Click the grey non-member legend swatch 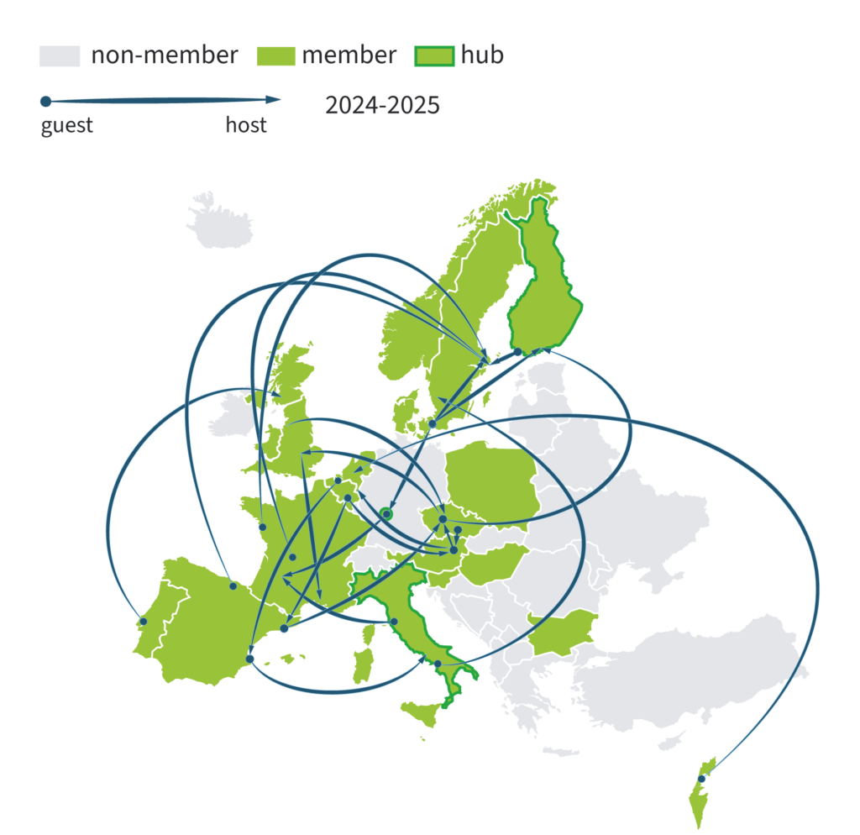click(59, 56)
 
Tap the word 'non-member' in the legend click(165, 55)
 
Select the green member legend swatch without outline click(271, 56)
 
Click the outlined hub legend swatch click(435, 56)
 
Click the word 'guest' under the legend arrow click(67, 126)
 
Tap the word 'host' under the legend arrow click(246, 126)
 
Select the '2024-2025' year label click(382, 107)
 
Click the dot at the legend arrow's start click(45, 102)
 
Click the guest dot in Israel click(702, 778)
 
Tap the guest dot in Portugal click(144, 622)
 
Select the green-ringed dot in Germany click(386, 514)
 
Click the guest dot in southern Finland click(517, 352)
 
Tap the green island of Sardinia click(363, 665)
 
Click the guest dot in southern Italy click(438, 664)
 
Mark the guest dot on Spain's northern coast click(233, 586)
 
